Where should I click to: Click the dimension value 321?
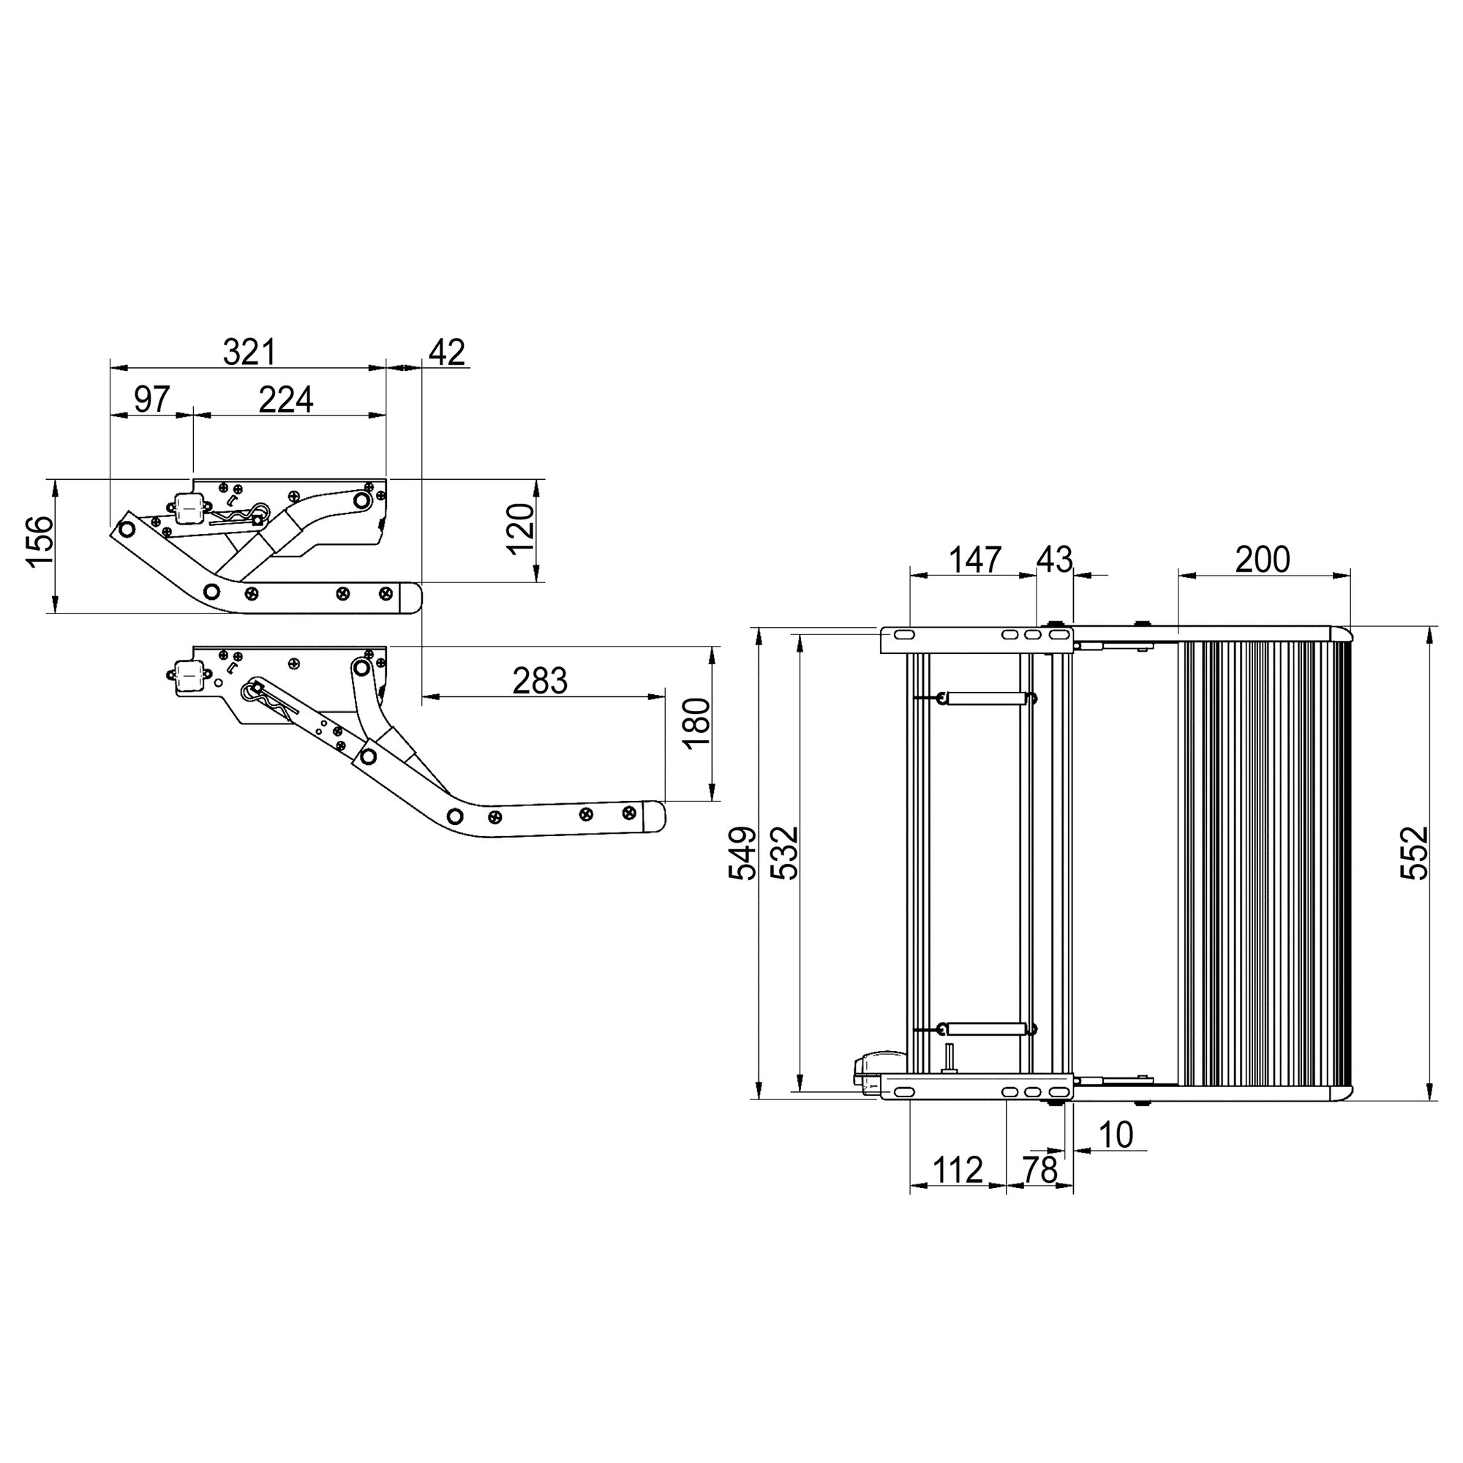point(250,353)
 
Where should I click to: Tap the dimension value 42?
point(447,353)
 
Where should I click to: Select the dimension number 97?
point(151,399)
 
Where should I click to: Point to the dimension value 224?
point(285,399)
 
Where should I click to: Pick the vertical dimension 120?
point(521,530)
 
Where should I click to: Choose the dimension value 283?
point(539,681)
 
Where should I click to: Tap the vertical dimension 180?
point(696,723)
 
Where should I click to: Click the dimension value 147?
point(974,560)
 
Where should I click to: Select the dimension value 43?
point(1054,560)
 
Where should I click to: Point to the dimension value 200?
point(1263,560)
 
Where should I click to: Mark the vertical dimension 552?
point(1413,853)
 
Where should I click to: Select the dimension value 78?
point(1039,1170)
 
